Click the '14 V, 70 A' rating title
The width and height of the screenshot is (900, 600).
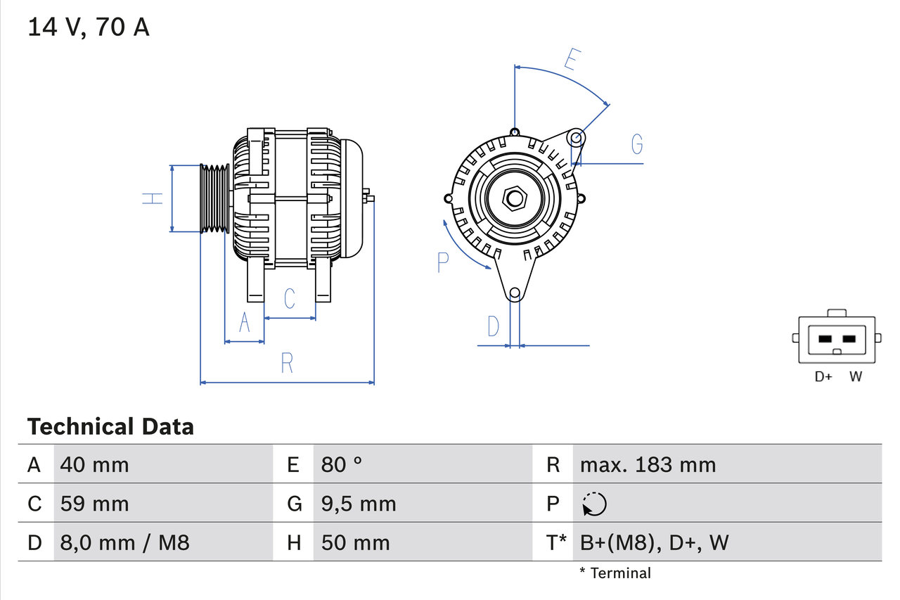point(88,27)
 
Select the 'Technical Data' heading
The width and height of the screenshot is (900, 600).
point(110,426)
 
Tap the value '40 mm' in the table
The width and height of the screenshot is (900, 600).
point(94,464)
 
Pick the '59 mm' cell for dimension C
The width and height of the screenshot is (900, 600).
point(94,504)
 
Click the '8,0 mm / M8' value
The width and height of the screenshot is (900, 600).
point(124,542)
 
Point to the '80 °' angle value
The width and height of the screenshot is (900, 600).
point(342,464)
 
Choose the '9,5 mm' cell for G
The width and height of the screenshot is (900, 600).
point(359,504)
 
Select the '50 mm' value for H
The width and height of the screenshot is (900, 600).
point(355,542)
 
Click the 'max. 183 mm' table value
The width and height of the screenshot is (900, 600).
point(648,464)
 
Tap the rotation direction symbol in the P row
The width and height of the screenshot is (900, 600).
point(594,504)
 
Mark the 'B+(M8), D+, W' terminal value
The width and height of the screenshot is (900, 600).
point(654,542)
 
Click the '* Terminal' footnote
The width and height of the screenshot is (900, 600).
point(615,573)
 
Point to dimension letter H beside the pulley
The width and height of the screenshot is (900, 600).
point(152,198)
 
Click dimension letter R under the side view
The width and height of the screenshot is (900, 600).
point(286,363)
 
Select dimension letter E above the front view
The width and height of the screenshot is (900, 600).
point(573,60)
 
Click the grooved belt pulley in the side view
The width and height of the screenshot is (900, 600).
point(215,198)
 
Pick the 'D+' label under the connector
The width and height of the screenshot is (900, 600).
point(823,376)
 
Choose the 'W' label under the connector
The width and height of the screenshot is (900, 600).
point(855,376)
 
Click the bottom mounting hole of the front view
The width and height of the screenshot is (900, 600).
point(515,293)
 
